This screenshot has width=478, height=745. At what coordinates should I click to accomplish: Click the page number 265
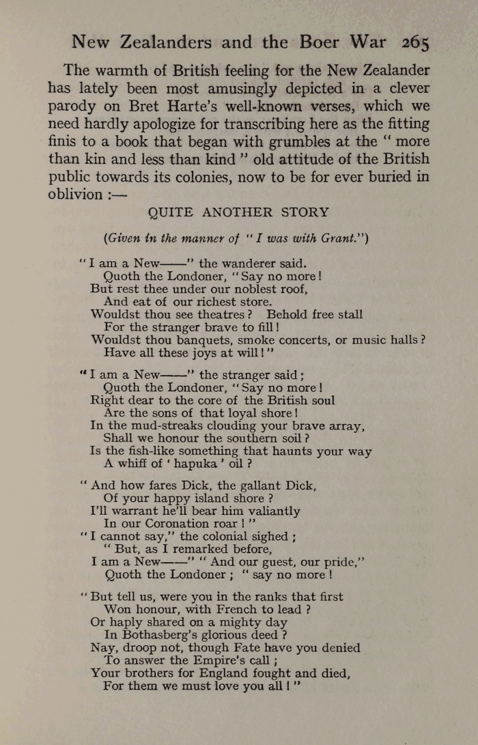[x=415, y=42]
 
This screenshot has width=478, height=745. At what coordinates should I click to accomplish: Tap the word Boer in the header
[x=321, y=42]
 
